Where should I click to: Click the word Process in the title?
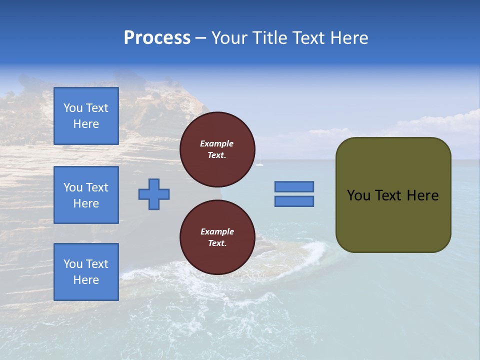[x=157, y=38]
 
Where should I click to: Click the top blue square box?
[x=86, y=116]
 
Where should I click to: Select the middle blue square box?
[x=86, y=195]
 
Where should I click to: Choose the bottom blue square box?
[x=86, y=272]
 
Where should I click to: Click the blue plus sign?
[x=154, y=194]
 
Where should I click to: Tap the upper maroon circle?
[x=217, y=149]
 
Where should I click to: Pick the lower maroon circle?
[x=217, y=237]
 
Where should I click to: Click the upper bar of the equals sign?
[x=294, y=186]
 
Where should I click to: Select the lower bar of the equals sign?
[x=294, y=201]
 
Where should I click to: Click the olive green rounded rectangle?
[x=393, y=194]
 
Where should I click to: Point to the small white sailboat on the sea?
[x=259, y=163]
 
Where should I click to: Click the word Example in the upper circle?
[x=217, y=143]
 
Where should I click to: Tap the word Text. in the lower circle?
[x=217, y=243]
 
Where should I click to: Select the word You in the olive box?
[x=358, y=195]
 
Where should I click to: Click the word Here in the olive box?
[x=423, y=195]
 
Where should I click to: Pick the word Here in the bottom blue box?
[x=86, y=280]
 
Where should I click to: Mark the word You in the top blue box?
[x=73, y=108]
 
